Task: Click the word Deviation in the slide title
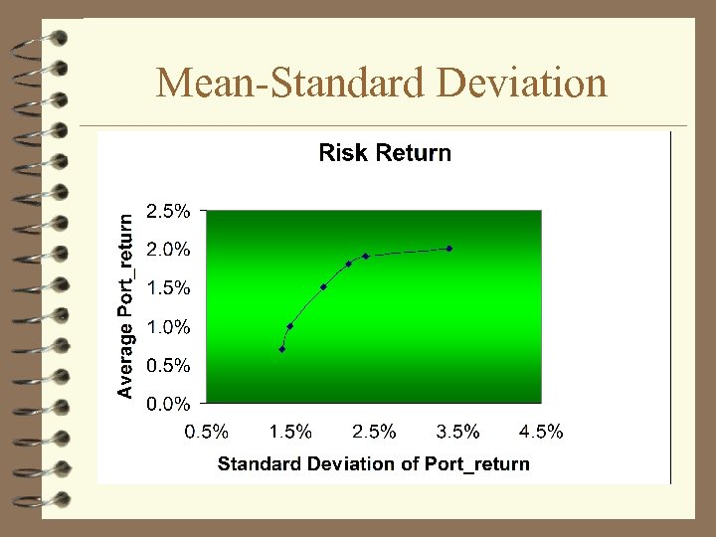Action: tap(522, 83)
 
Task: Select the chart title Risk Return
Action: tap(384, 153)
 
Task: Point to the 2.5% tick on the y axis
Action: tap(168, 211)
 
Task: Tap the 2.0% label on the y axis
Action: tap(168, 250)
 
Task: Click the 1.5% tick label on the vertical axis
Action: tap(168, 288)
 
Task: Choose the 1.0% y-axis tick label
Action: tap(168, 326)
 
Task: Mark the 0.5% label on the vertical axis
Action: tap(168, 365)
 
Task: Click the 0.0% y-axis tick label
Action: tap(168, 404)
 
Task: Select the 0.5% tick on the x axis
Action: tap(207, 432)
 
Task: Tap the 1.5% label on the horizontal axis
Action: tap(290, 432)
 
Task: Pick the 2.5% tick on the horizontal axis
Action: tap(375, 432)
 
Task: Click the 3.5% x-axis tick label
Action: tap(458, 432)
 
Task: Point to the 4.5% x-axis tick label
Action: tap(542, 432)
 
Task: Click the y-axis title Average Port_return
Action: tap(125, 306)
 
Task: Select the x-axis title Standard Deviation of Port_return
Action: tap(374, 463)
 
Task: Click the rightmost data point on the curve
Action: tap(449, 249)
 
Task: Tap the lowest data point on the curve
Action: tap(282, 349)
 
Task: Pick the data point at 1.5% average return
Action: tap(323, 287)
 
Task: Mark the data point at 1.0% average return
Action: tap(289, 326)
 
